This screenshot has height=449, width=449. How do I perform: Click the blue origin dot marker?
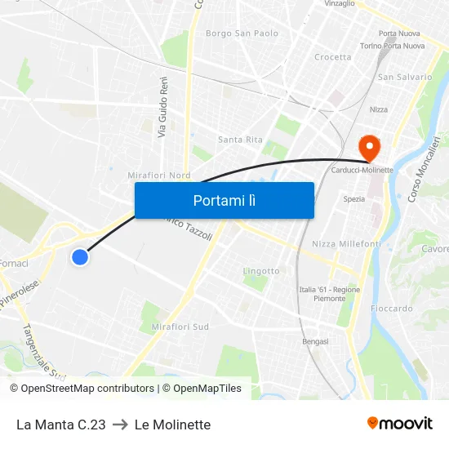[x=79, y=257]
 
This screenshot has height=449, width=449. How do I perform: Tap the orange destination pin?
[x=369, y=148]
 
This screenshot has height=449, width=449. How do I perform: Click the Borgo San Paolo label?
[x=242, y=33]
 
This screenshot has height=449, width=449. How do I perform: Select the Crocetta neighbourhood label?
[x=332, y=57]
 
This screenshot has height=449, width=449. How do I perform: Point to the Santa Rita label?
[x=240, y=140]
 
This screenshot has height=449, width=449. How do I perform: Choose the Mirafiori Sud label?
[x=180, y=327]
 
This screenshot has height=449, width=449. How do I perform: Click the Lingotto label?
[x=261, y=271]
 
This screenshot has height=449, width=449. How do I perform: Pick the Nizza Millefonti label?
[x=346, y=244]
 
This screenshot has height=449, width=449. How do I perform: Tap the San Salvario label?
[x=404, y=77]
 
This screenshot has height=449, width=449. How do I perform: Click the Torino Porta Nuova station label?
[x=392, y=46]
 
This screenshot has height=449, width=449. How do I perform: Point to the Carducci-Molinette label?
[x=362, y=170]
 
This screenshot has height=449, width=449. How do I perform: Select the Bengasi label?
[x=315, y=341]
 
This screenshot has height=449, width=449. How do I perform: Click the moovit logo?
[x=399, y=424]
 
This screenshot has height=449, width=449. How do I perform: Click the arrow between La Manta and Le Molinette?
[x=120, y=425]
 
